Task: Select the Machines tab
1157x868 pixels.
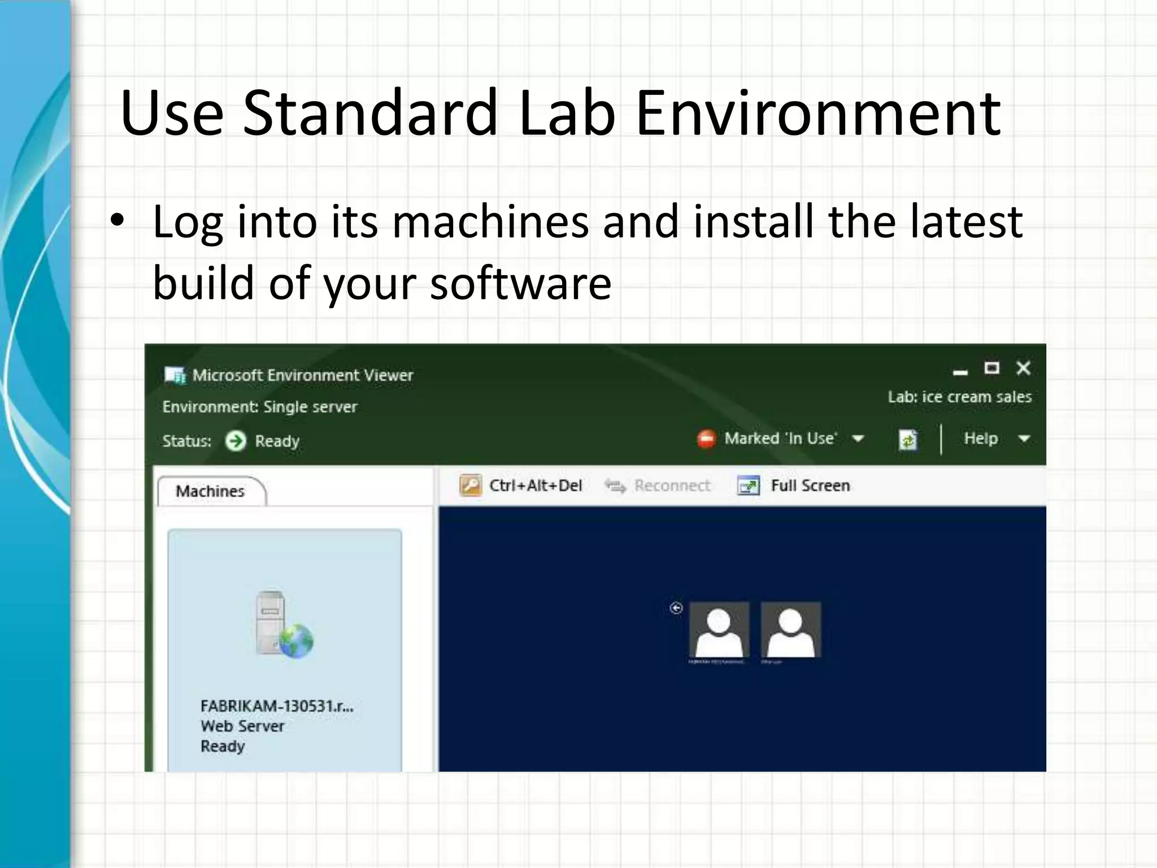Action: coord(210,491)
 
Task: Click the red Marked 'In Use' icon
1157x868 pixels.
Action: coord(706,439)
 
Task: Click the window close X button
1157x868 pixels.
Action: coord(1023,368)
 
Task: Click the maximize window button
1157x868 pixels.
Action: coord(991,368)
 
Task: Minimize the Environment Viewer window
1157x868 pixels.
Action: coord(960,371)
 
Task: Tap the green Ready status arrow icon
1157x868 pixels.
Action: coord(236,441)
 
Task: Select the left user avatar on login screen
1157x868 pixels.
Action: coord(719,630)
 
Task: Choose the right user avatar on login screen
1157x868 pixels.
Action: coord(790,630)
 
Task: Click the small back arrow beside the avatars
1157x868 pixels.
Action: coord(676,608)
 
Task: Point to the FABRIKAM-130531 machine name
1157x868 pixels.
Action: coord(277,706)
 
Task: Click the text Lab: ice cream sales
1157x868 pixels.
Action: coord(959,397)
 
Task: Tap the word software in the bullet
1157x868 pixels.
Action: coord(520,283)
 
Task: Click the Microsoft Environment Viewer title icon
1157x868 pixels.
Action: coord(175,375)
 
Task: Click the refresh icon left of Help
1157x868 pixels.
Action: coord(907,439)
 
